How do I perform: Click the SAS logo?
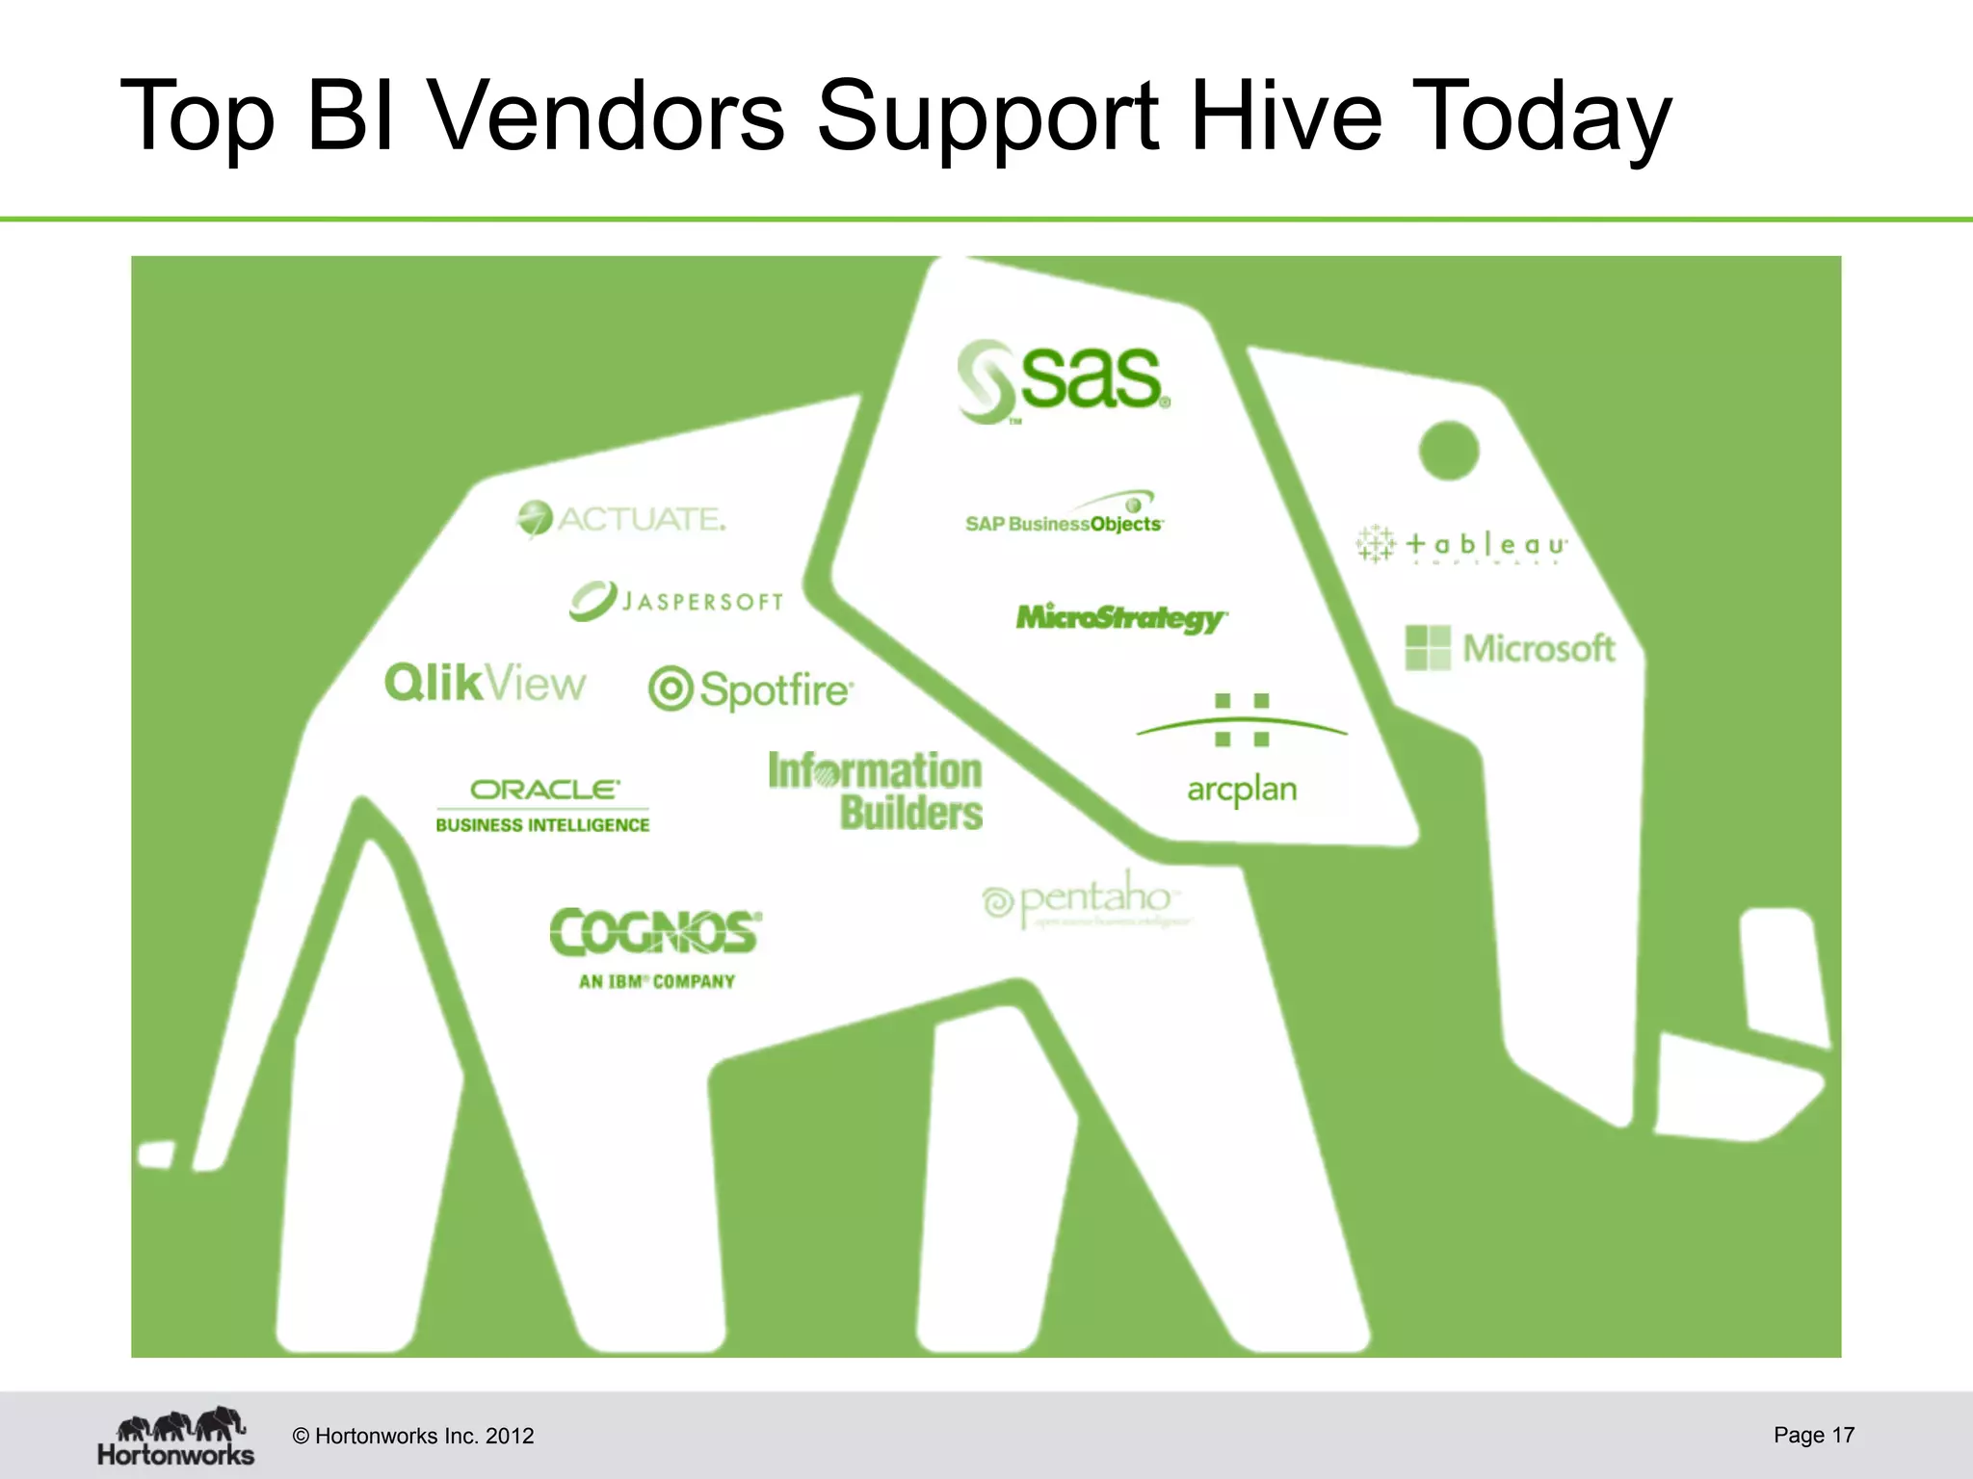1064,380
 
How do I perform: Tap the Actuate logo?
621,519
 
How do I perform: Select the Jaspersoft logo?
676,600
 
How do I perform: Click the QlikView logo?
485,684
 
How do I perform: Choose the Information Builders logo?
877,791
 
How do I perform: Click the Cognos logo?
656,947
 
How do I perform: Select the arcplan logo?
1242,751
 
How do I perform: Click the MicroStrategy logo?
1121,617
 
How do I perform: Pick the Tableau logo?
1461,544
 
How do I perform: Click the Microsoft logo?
1511,648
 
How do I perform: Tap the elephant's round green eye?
1448,450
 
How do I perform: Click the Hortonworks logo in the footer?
176,1436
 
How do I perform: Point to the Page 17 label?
1813,1435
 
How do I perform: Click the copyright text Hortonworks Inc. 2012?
413,1436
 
